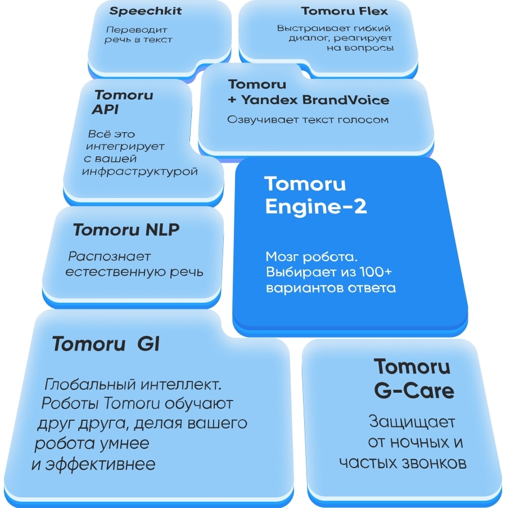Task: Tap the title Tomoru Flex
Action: [x=345, y=11]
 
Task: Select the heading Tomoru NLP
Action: [x=126, y=230]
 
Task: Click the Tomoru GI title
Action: [x=106, y=344]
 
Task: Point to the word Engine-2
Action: [x=316, y=206]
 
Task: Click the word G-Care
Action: [x=414, y=390]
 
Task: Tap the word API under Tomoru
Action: [x=105, y=110]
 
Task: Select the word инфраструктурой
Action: [x=140, y=172]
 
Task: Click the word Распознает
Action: [x=110, y=257]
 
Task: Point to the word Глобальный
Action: [x=85, y=385]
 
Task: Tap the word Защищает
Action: [x=412, y=421]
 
